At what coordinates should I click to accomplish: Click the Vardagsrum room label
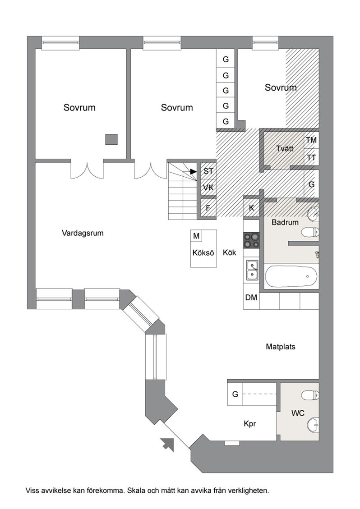point(83,233)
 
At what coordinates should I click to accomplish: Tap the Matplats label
point(281,347)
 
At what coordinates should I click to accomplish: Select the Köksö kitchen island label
point(203,252)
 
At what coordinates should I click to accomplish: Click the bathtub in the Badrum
point(291,276)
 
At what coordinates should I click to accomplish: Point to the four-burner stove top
point(251,240)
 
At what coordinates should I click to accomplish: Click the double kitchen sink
point(252,271)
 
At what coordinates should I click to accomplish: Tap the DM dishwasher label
point(251,298)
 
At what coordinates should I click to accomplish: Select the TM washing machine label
point(311,140)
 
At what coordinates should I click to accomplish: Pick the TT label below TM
point(311,158)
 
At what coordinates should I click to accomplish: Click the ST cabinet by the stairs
point(208,171)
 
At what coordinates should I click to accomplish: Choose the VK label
point(208,187)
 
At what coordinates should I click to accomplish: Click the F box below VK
point(208,208)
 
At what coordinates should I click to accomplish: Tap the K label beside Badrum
point(251,208)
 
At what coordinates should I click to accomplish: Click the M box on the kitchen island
point(196,236)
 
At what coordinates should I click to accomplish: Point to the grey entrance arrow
point(167,444)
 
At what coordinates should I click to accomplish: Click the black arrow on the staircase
point(194,171)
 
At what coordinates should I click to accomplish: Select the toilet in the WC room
point(310,395)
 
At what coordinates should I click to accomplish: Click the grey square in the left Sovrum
point(111,139)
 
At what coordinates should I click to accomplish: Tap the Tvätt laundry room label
point(285,148)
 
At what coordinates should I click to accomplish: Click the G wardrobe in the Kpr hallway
point(235,394)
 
